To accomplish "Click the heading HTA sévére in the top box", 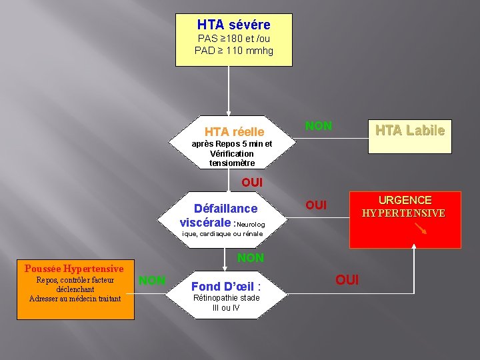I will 233,25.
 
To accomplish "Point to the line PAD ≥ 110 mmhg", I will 233,50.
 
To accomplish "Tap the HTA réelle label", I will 234,132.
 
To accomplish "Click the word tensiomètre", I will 232,163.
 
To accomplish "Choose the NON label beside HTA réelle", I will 318,126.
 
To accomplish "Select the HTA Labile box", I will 409,131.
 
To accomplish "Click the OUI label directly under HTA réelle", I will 252,182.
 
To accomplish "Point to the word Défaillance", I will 225,208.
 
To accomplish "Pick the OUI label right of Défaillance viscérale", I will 315,205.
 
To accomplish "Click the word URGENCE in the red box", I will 405,200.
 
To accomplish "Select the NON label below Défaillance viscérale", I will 251,257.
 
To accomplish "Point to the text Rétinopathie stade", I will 226,298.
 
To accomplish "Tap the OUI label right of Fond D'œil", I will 347,279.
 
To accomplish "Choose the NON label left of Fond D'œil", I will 152,280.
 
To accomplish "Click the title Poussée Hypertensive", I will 74,269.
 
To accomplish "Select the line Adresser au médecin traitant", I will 75,299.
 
